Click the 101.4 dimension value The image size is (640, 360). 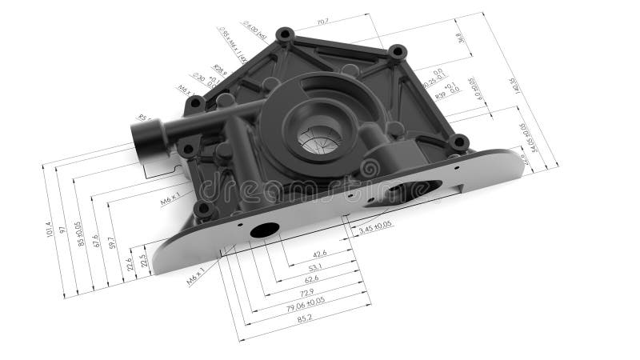click(50, 233)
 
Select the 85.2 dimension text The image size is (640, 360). click(304, 318)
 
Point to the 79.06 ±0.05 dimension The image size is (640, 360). click(305, 302)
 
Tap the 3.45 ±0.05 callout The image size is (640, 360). click(374, 229)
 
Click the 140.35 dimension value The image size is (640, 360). click(513, 86)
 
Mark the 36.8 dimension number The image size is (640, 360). click(459, 39)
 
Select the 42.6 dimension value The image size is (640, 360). click(321, 255)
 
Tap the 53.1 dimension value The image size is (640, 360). click(315, 267)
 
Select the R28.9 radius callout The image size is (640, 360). click(218, 71)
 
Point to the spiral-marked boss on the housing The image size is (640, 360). click(370, 170)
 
